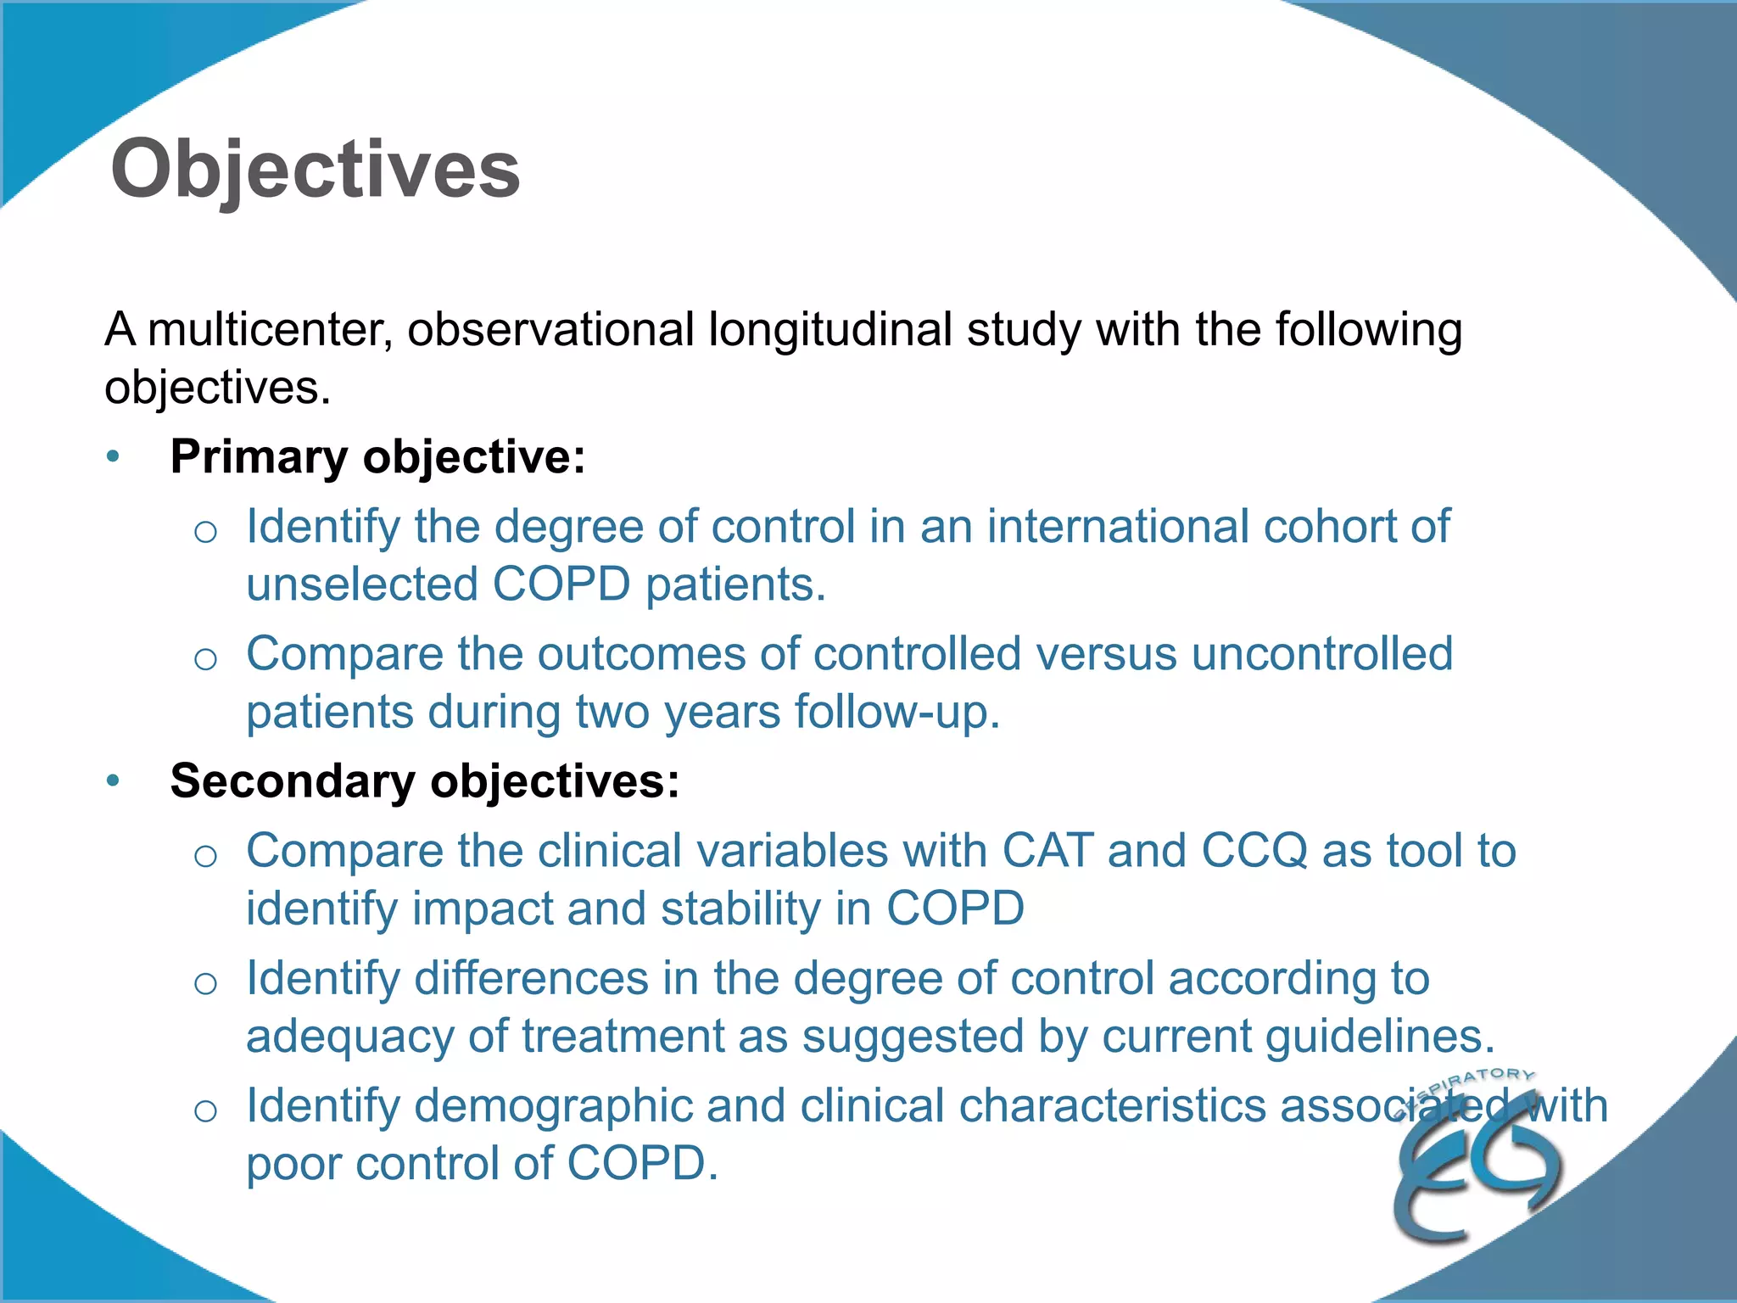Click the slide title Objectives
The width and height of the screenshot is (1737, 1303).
pos(315,170)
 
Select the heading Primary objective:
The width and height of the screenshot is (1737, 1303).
pos(377,456)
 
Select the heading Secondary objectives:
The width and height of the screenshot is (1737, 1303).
pos(424,780)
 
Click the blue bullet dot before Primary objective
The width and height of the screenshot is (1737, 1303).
pos(114,457)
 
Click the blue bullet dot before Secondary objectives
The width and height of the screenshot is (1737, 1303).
pos(114,781)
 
